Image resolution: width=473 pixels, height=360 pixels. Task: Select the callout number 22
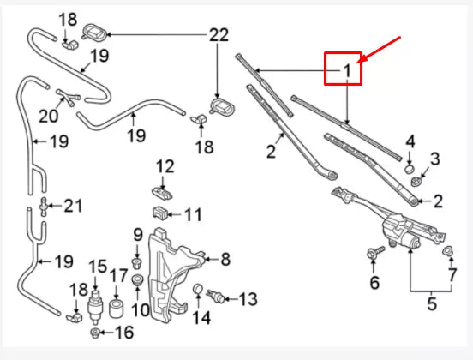coord(219,35)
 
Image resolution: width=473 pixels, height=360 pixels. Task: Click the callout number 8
coord(225,258)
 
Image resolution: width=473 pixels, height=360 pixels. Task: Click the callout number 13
coord(247,299)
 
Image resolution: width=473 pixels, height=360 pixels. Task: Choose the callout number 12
coord(165,165)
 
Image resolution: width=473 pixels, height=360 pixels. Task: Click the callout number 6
coord(374,283)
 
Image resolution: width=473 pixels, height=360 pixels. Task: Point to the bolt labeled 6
coord(374,253)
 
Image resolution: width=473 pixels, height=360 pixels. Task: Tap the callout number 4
coord(410,141)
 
